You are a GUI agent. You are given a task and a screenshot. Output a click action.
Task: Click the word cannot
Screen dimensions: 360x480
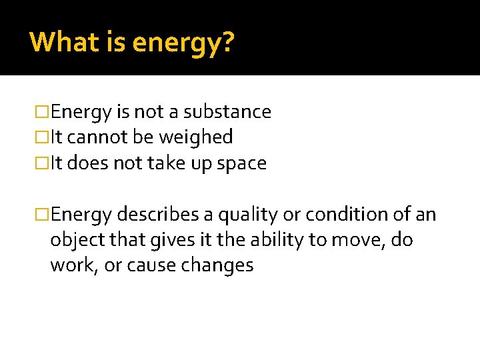[94, 137]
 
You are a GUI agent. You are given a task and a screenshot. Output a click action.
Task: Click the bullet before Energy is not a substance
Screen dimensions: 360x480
[42, 111]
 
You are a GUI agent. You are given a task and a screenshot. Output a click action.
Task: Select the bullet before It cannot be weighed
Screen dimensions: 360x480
[42, 137]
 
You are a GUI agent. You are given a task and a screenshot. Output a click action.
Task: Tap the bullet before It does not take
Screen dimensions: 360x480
[42, 163]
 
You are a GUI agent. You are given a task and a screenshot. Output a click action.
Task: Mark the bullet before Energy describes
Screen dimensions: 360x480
[42, 215]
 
